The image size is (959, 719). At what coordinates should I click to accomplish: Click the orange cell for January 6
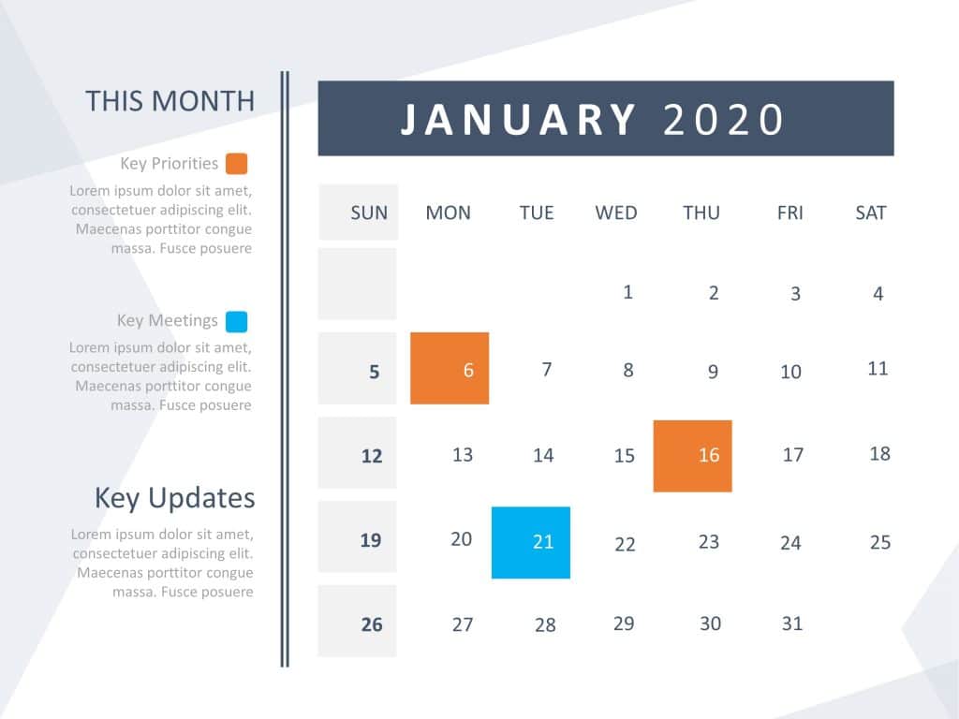pos(450,368)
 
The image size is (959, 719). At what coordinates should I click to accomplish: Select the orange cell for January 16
pos(692,456)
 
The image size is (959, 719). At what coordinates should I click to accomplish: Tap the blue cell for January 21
pos(530,542)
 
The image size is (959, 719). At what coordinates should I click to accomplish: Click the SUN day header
pos(369,213)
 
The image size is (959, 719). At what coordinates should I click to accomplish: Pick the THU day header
pos(701,213)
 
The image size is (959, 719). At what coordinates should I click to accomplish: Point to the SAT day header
pos(870,213)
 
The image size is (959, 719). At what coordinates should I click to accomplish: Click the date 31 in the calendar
pos(792,624)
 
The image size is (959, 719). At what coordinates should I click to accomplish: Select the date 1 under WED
pos(628,292)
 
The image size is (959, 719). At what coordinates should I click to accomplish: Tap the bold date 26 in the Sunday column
pos(372,624)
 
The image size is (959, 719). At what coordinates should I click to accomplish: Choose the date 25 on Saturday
pos(879,542)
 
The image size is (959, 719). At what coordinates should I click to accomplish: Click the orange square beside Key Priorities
pos(237,164)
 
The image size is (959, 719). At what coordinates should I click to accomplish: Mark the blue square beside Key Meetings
pos(237,322)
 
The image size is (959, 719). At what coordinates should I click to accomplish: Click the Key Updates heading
pos(174,498)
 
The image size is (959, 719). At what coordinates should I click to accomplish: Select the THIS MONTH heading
pos(170,101)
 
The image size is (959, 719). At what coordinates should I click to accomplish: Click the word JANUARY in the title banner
pos(519,120)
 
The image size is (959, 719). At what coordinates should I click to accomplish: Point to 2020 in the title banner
pos(722,120)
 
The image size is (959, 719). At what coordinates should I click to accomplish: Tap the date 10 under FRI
pos(791,372)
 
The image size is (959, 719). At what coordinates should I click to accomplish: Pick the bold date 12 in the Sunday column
pos(372,457)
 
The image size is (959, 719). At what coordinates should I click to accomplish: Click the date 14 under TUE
pos(543,456)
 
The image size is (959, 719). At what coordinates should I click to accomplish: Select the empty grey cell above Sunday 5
pos(358,284)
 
